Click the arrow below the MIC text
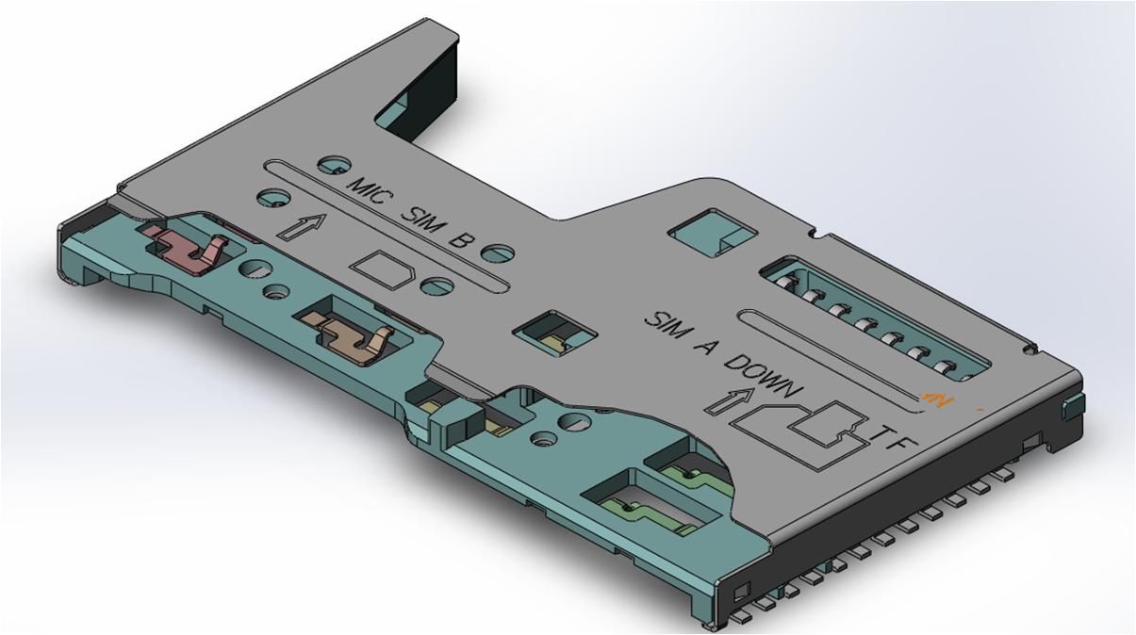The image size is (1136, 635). (301, 227)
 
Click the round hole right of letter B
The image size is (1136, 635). (497, 254)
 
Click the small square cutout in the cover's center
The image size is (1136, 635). (553, 334)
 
